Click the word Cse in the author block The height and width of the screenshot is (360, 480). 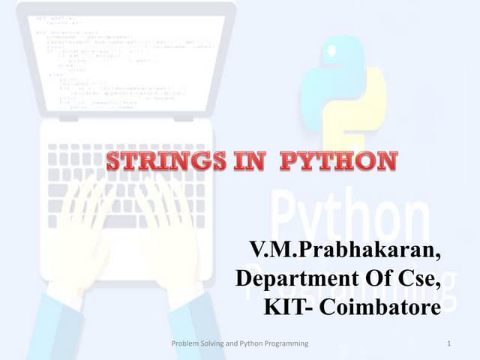click(x=416, y=279)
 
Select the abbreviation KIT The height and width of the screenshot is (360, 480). click(x=286, y=307)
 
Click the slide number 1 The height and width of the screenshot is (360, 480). click(x=447, y=343)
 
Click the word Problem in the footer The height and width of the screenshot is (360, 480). click(x=188, y=343)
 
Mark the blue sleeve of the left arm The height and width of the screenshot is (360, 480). click(x=45, y=330)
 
